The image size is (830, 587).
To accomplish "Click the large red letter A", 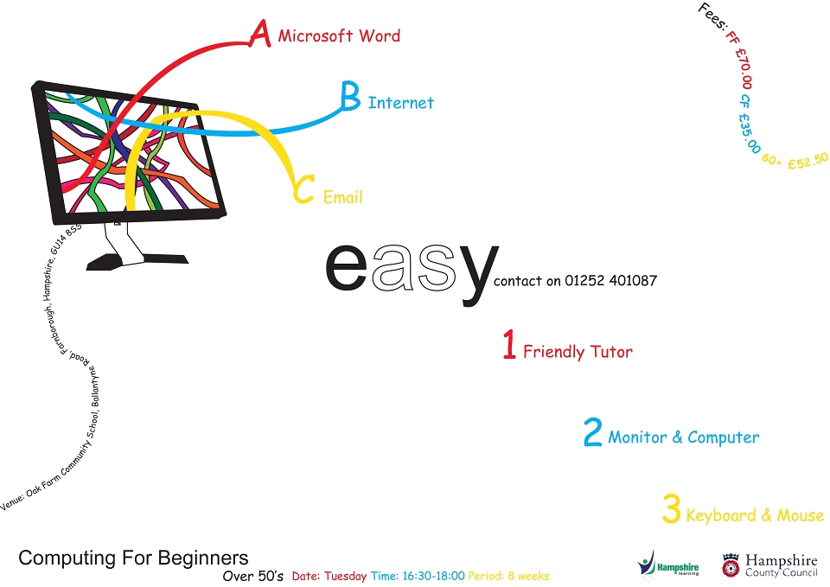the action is click(260, 34).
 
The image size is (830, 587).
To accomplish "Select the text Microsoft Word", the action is click(339, 36).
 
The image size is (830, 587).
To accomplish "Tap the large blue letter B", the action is click(350, 96).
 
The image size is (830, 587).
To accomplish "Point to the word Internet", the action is click(400, 103).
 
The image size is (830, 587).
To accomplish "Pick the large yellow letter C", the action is click(303, 189).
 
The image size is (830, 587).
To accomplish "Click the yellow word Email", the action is click(343, 197).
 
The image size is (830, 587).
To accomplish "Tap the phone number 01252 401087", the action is click(611, 280).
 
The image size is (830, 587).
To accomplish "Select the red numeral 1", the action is click(509, 344).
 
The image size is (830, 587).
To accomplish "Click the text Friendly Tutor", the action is click(578, 352).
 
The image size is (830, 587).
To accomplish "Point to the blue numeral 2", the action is click(593, 432).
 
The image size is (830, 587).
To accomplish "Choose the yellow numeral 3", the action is click(671, 508).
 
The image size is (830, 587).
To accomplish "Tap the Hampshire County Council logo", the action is click(769, 565).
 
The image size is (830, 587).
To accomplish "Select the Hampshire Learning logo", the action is click(668, 564).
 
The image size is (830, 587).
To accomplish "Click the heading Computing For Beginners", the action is click(133, 558).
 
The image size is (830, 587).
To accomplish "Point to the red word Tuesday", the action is click(345, 576).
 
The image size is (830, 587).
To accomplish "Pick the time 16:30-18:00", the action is click(433, 576).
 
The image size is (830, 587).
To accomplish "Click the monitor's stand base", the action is click(137, 260).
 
